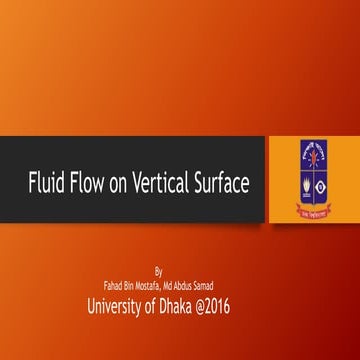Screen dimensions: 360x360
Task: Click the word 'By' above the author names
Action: point(158,270)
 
